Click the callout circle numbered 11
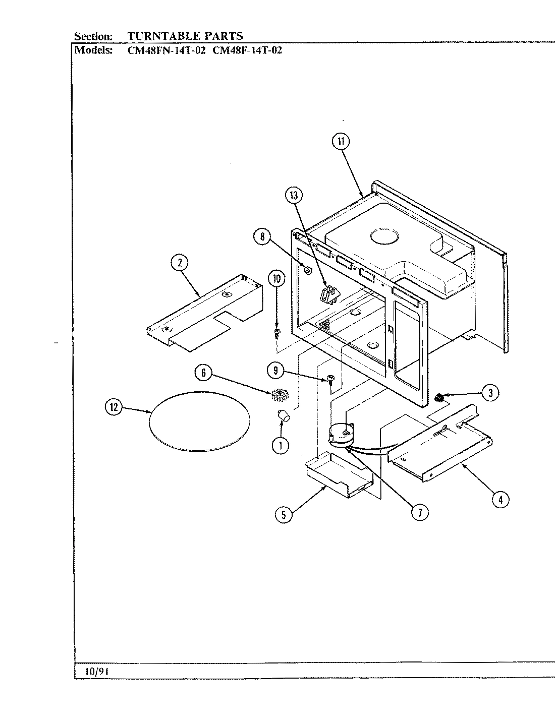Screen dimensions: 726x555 tap(341, 142)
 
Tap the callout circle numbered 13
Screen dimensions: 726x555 tap(294, 196)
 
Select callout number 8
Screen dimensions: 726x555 tap(262, 237)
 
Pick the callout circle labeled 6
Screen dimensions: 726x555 tap(203, 373)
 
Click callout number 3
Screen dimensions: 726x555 tap(490, 392)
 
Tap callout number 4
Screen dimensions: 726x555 tap(500, 500)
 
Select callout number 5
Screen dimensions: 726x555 tap(284, 514)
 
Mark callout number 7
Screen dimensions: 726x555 tap(419, 512)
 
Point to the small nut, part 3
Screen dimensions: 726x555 tap(439, 398)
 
